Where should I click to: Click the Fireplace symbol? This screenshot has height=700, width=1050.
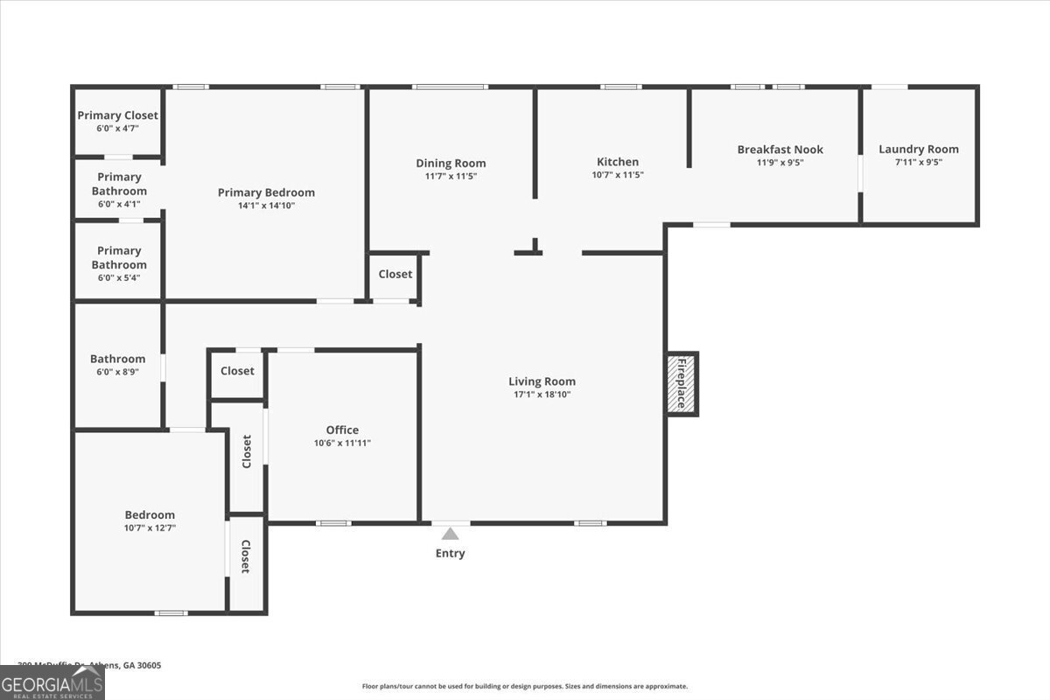[682, 383]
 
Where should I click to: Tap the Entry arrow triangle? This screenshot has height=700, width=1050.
[450, 534]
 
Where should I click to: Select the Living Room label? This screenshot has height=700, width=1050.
[542, 381]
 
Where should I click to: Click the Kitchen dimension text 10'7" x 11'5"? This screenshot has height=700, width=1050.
[617, 175]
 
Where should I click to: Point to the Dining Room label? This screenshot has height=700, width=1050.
[451, 163]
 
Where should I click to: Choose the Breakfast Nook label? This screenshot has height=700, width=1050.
[780, 150]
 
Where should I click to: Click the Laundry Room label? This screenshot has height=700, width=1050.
[918, 149]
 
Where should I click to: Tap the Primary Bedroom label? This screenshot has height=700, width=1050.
[266, 192]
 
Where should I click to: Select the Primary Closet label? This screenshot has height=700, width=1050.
[117, 115]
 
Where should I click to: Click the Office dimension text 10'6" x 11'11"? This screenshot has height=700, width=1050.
[342, 443]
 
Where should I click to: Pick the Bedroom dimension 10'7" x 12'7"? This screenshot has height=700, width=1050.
[150, 528]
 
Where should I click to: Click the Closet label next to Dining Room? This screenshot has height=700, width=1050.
[395, 274]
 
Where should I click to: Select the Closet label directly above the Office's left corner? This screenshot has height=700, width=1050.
[237, 371]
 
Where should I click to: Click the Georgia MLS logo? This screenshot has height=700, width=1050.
[52, 682]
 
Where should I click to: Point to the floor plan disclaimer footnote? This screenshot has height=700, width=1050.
[524, 687]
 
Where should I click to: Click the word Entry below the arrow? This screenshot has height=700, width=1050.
[450, 553]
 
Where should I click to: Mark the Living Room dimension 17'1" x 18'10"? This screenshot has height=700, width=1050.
[542, 394]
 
